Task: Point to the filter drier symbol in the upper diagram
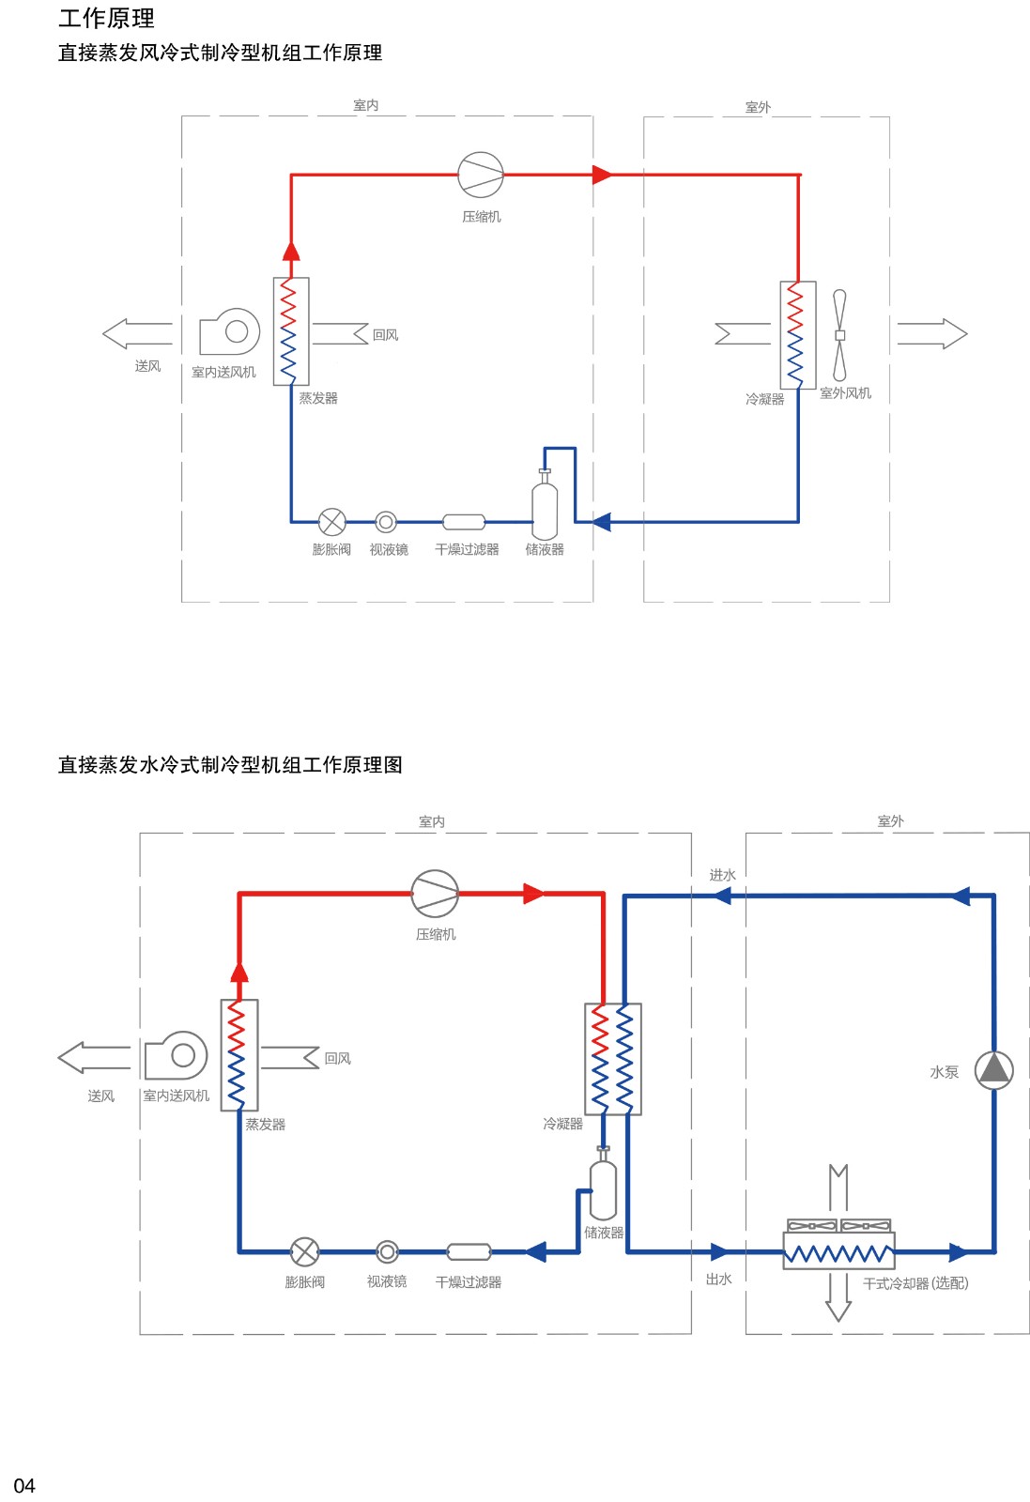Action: pos(464,522)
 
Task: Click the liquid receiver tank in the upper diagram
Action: pos(545,503)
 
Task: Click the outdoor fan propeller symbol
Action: pos(839,334)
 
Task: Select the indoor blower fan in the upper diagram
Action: pos(229,331)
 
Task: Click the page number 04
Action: pos(24,1485)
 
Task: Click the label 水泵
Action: pos(945,1072)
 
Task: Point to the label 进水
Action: pos(722,875)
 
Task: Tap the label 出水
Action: pos(719,1280)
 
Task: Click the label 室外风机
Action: pos(846,393)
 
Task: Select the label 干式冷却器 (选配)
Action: pos(915,1283)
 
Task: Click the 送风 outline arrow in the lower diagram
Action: pos(94,1057)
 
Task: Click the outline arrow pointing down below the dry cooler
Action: pos(838,1296)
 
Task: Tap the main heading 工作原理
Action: pos(107,18)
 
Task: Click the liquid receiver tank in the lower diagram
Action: pos(603,1184)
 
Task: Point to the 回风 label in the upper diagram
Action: pos(386,334)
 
